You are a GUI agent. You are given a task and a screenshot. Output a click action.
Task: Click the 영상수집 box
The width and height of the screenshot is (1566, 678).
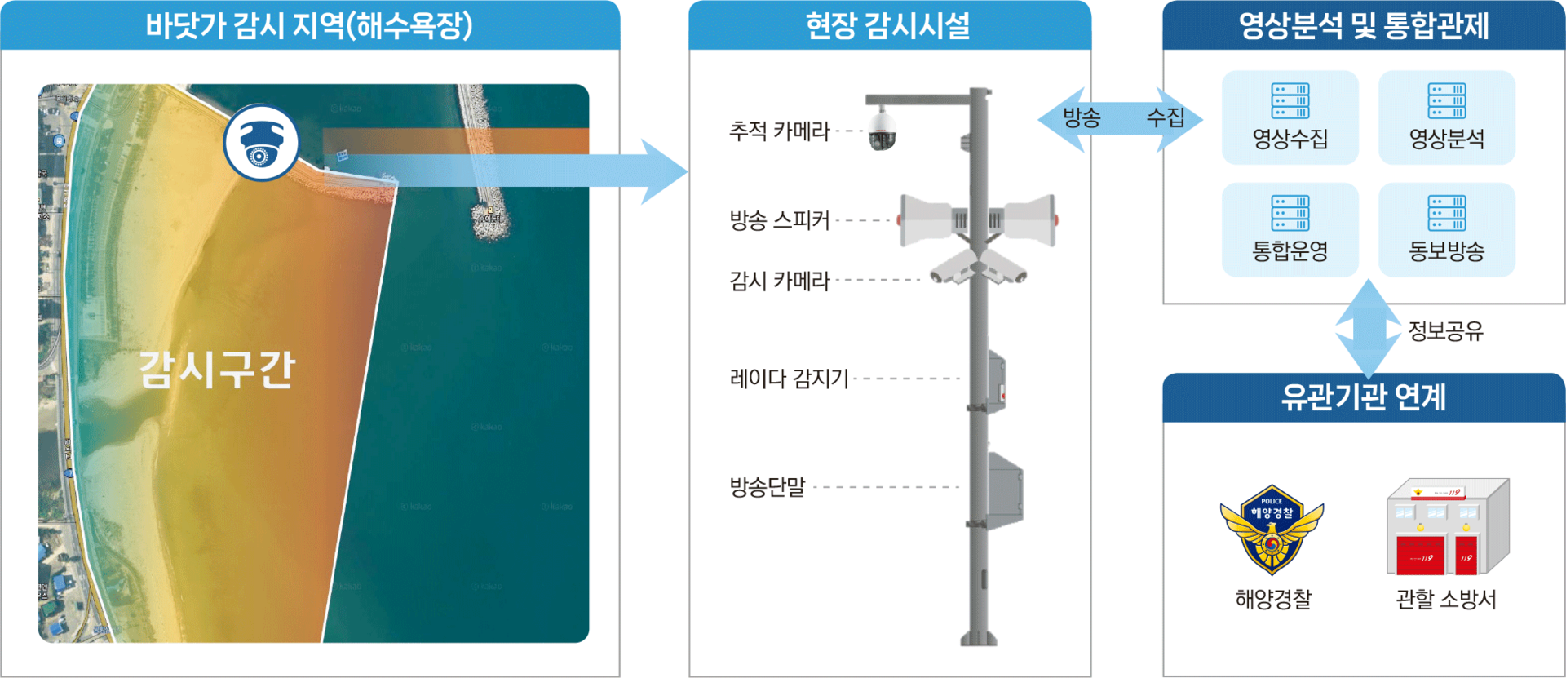1290,117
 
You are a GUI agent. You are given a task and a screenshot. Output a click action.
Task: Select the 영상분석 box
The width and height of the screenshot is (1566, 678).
1446,117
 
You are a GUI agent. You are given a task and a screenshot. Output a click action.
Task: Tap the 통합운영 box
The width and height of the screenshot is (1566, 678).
1290,230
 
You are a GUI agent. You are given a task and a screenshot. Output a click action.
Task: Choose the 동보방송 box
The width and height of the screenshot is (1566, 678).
1446,230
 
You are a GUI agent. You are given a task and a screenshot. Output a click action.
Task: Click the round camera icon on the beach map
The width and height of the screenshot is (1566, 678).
261,142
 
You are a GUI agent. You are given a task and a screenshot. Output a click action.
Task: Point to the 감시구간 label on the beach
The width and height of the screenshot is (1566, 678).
216,369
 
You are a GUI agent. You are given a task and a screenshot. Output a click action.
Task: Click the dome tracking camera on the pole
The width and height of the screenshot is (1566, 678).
881,130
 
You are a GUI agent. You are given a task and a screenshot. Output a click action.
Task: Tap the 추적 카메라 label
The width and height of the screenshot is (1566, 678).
779,131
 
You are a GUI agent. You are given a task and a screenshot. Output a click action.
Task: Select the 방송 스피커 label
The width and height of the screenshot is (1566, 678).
779,219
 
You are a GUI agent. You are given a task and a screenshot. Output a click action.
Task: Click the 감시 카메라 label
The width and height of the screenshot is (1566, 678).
779,281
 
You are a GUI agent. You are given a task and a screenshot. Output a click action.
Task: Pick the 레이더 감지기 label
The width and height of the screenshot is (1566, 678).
788,378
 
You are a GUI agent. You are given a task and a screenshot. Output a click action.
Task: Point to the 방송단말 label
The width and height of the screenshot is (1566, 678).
767,487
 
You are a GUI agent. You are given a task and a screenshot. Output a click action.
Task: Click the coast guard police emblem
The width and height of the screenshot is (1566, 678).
1272,529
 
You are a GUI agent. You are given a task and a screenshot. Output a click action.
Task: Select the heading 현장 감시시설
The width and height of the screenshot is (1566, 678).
888,25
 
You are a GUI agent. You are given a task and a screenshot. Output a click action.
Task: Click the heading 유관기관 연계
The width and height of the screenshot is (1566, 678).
1363,397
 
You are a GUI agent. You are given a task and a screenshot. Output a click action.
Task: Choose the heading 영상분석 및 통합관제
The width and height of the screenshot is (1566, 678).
1363,25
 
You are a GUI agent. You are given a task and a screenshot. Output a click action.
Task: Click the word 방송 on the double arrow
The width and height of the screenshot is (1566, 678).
1082,118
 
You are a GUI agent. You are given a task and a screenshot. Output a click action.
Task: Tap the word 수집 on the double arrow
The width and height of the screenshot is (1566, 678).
1165,118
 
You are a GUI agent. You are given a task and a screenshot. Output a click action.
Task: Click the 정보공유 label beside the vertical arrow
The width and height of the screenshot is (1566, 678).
1446,330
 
